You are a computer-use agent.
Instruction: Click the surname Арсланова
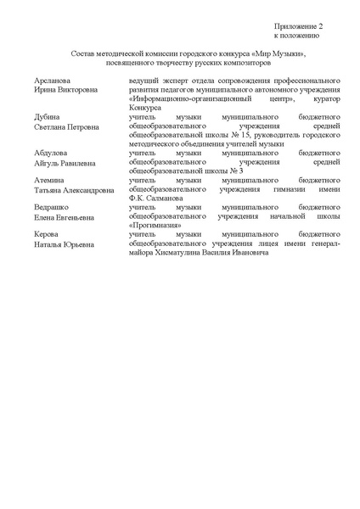(x=52, y=79)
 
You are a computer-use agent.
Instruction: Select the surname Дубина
(x=46, y=117)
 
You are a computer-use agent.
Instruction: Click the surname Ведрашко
(x=53, y=207)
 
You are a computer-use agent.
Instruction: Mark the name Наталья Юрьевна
(x=64, y=244)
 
